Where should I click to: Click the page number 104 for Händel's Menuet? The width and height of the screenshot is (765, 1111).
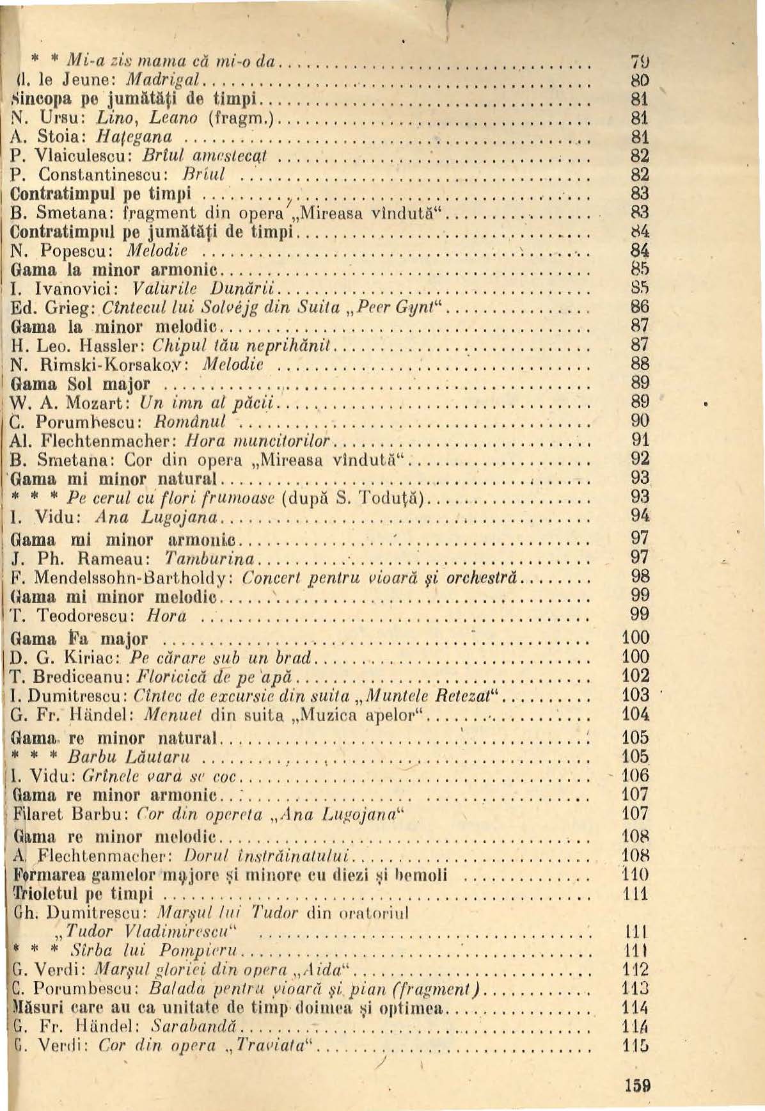pos(636,714)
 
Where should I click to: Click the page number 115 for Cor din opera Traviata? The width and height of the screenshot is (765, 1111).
pos(636,1046)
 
